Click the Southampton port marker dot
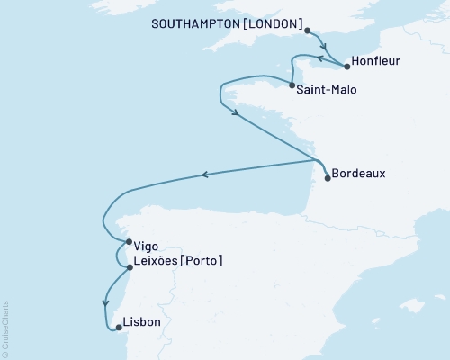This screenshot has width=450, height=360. (x=308, y=31)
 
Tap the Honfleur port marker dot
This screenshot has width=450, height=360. (x=347, y=66)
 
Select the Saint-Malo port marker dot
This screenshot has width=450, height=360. (x=291, y=86)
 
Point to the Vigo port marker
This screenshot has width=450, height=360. (x=130, y=241)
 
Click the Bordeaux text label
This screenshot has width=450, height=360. (x=360, y=173)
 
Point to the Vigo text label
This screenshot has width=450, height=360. (x=148, y=244)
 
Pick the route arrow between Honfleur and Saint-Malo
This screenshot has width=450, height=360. (x=317, y=57)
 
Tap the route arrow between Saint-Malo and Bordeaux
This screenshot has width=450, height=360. (x=235, y=112)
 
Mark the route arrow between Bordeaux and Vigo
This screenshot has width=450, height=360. (x=205, y=175)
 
